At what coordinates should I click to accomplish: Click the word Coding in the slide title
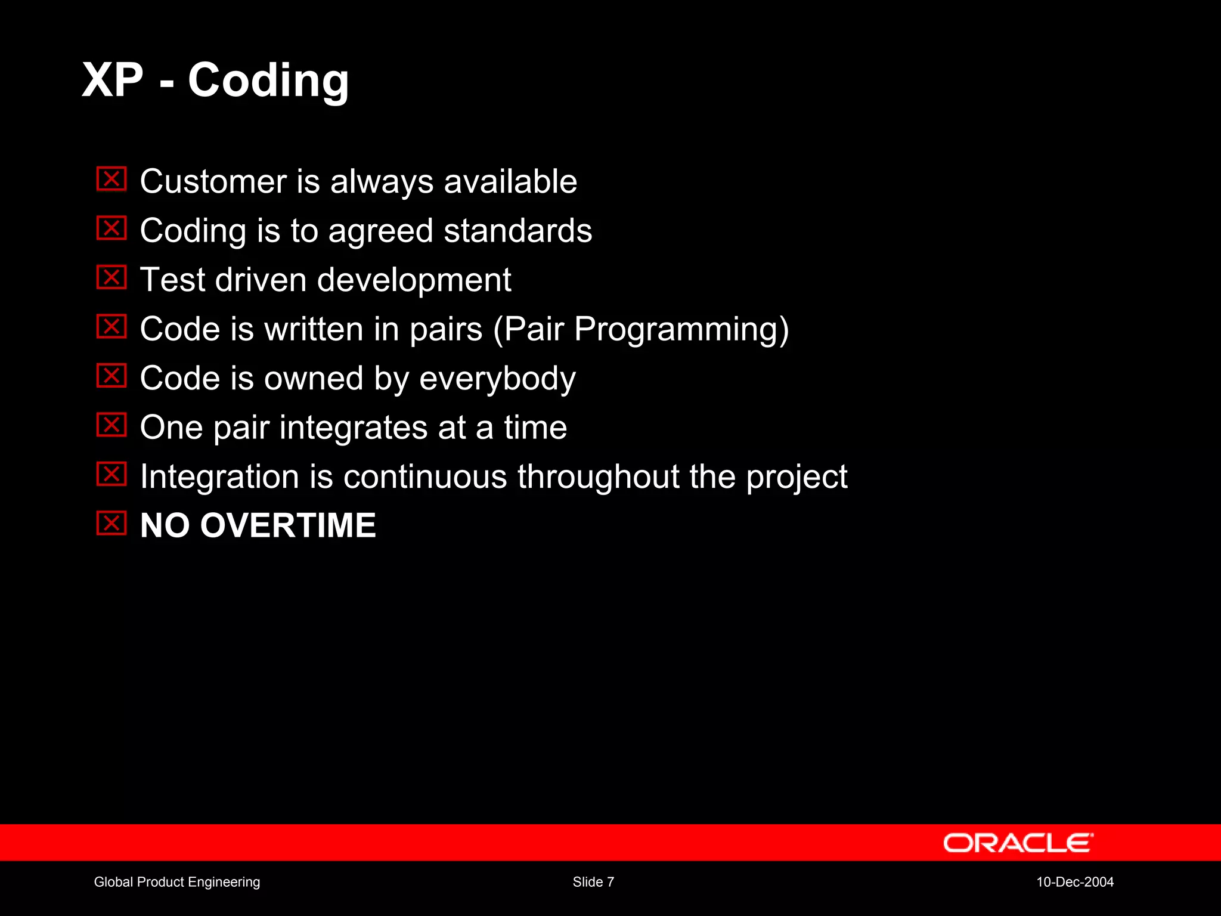click(x=268, y=81)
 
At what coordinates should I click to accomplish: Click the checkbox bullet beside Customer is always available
click(x=111, y=179)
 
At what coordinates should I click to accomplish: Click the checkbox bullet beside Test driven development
click(x=111, y=277)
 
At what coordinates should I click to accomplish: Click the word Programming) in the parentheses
click(x=681, y=329)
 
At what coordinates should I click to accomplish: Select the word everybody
click(x=497, y=379)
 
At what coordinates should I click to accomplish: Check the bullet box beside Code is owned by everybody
click(x=111, y=376)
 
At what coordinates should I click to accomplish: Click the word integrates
click(x=354, y=428)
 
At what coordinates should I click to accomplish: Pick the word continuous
click(x=425, y=477)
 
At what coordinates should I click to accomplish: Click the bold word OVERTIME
click(x=288, y=525)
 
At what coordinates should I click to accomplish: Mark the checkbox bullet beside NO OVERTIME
click(x=111, y=523)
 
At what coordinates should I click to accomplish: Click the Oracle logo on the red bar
click(x=1018, y=843)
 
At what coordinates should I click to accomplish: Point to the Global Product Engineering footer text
click(x=177, y=882)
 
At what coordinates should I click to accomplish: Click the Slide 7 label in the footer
click(x=593, y=882)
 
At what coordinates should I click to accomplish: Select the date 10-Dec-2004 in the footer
click(x=1075, y=882)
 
